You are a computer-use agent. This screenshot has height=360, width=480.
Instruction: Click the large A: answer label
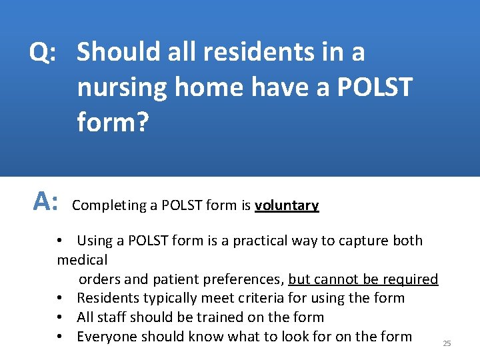point(47,199)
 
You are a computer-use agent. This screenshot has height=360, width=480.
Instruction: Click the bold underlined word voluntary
point(287,206)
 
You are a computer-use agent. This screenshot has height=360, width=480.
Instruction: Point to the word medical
point(83,259)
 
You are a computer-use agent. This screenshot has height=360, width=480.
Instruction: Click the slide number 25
point(447,343)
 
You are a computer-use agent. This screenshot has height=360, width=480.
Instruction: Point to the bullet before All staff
point(60,317)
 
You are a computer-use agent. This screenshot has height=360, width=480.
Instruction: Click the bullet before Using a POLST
point(60,241)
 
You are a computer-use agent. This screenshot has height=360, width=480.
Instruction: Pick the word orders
point(101,279)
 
